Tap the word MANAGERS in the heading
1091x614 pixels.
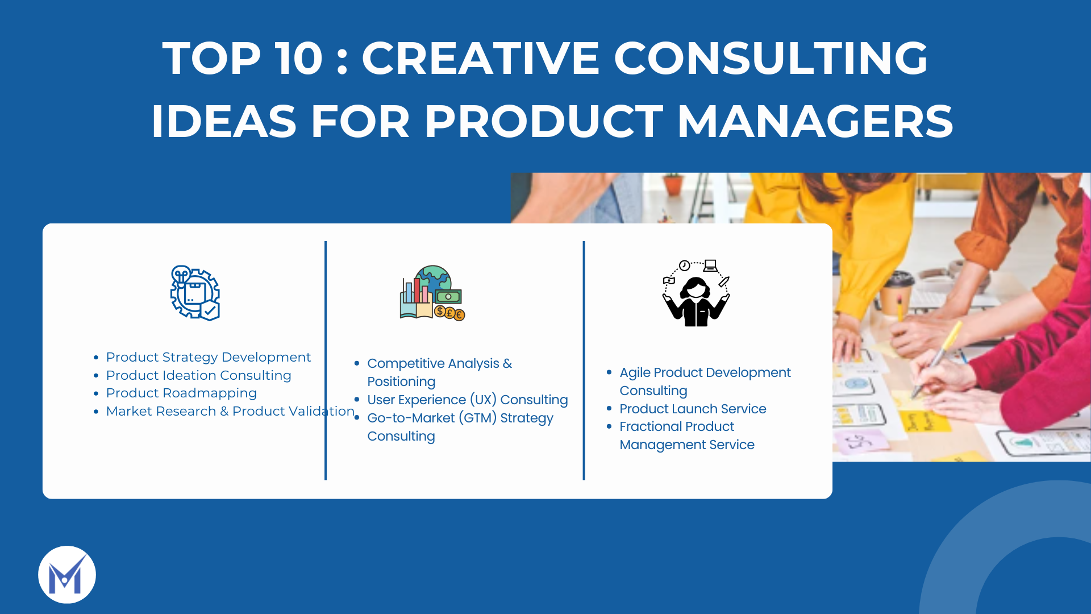[x=815, y=121]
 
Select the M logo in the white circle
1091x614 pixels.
[x=67, y=575]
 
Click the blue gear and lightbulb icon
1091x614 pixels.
[x=195, y=293]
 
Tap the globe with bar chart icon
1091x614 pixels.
[x=432, y=293]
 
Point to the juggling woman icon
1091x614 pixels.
[x=696, y=293]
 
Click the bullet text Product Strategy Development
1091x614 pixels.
[x=209, y=357]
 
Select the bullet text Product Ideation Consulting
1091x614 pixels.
[x=198, y=375]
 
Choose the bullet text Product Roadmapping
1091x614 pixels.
[x=181, y=393]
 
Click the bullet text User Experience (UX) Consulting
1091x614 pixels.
[x=468, y=400]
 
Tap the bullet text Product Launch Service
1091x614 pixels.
[x=693, y=409]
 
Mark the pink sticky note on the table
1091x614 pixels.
[x=863, y=441]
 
